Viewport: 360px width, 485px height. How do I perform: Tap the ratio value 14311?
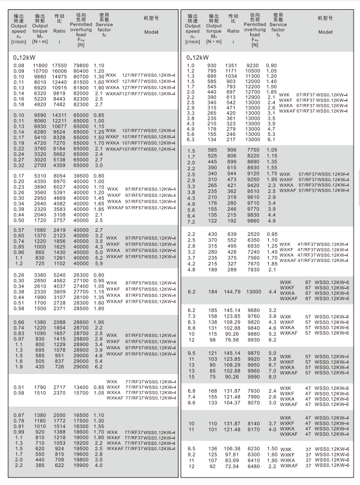click(60, 116)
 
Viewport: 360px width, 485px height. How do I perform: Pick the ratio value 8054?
click(60, 175)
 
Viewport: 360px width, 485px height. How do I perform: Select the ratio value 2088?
click(60, 321)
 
